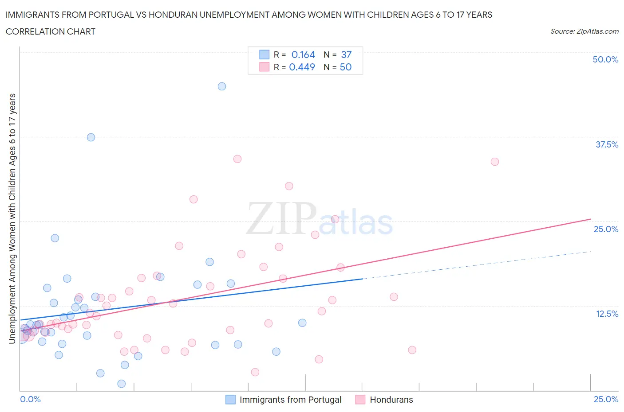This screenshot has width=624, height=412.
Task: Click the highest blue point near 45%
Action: [x=222, y=86]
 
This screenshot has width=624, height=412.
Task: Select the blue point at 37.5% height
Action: [x=91, y=137]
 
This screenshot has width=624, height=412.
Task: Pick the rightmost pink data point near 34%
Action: [x=495, y=162]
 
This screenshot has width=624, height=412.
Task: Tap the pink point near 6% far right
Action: [x=412, y=350]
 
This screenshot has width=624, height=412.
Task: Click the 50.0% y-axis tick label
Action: [x=605, y=59]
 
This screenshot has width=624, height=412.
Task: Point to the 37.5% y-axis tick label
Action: [x=607, y=144]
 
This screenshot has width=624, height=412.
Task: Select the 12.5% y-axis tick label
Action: [x=607, y=314]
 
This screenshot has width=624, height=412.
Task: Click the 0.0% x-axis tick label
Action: [x=30, y=399]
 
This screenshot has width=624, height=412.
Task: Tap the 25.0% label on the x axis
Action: [x=606, y=399]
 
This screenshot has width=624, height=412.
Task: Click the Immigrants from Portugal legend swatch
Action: [x=230, y=400]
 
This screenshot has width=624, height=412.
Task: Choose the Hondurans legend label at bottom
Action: [x=391, y=400]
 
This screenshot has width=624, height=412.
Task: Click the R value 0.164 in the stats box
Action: [x=303, y=54]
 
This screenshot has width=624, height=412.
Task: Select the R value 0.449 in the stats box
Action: [x=302, y=67]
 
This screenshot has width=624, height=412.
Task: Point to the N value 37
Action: [x=346, y=54]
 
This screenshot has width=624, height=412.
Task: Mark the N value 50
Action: [x=346, y=67]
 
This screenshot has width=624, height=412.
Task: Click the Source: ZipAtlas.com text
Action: [x=584, y=31]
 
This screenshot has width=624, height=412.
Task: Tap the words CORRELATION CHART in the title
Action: [x=51, y=31]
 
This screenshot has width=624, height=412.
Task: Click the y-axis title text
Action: [x=12, y=218]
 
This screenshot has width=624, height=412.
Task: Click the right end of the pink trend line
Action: [x=590, y=219]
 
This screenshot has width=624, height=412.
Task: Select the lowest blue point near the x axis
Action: [x=121, y=384]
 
